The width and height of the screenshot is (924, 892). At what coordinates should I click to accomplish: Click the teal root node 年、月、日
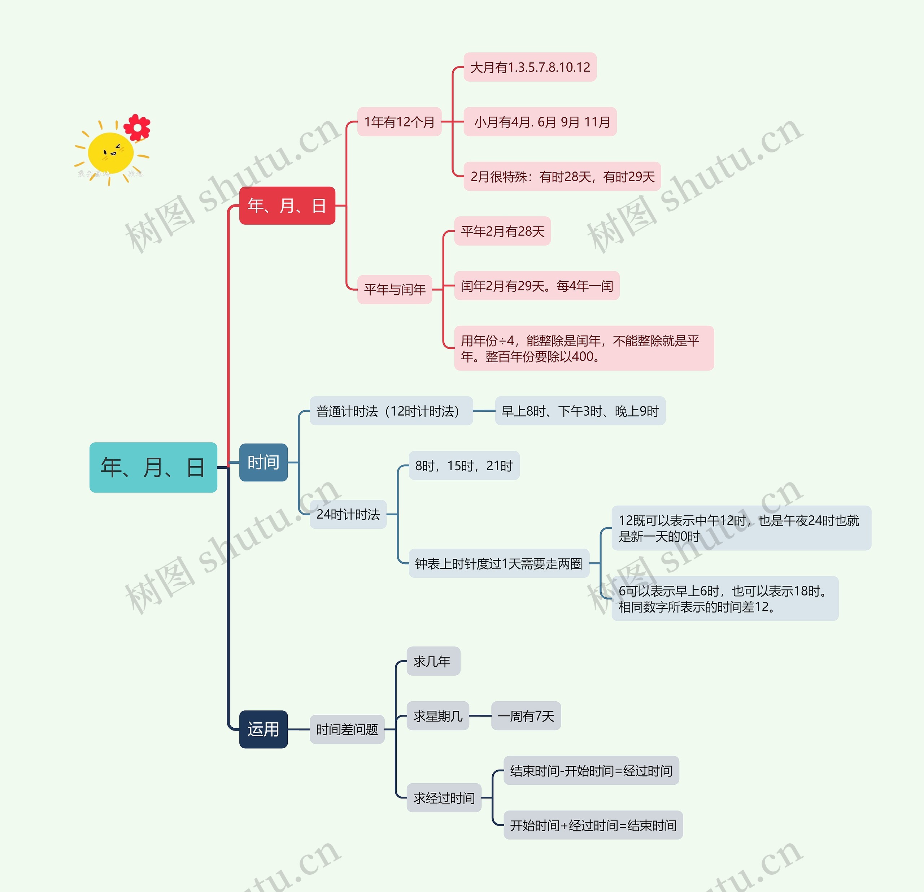(x=153, y=467)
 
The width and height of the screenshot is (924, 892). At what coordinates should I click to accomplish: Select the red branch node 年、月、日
(x=287, y=205)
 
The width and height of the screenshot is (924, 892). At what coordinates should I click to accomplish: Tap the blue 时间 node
(x=263, y=462)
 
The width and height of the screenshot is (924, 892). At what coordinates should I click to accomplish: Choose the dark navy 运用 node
(x=263, y=729)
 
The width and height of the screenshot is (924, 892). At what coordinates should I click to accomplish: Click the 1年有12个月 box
(x=399, y=122)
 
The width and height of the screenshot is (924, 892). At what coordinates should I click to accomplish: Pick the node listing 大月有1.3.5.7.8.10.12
(x=530, y=67)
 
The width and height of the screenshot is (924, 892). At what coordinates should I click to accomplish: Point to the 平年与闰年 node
(x=395, y=289)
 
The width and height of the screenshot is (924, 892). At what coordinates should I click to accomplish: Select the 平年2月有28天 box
(x=502, y=231)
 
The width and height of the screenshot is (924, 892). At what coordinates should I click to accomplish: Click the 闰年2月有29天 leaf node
(x=536, y=286)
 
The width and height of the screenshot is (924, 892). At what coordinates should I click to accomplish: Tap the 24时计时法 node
(x=348, y=514)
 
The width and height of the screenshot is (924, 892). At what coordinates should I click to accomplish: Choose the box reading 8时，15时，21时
(x=464, y=466)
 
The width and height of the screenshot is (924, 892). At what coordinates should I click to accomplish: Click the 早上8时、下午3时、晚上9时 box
(x=580, y=411)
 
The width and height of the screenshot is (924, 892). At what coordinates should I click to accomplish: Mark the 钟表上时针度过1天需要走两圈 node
(x=499, y=563)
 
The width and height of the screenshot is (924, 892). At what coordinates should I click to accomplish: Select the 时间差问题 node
(x=347, y=729)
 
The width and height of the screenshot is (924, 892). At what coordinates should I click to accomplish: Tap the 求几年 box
(x=433, y=661)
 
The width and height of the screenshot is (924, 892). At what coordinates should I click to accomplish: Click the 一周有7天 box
(x=526, y=716)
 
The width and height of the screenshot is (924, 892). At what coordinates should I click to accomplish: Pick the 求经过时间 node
(x=444, y=798)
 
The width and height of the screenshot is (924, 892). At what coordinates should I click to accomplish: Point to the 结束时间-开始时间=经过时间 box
(x=591, y=770)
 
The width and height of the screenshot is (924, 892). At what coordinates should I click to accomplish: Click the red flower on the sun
(x=137, y=127)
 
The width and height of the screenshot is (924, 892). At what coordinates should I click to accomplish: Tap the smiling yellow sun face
(x=111, y=152)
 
